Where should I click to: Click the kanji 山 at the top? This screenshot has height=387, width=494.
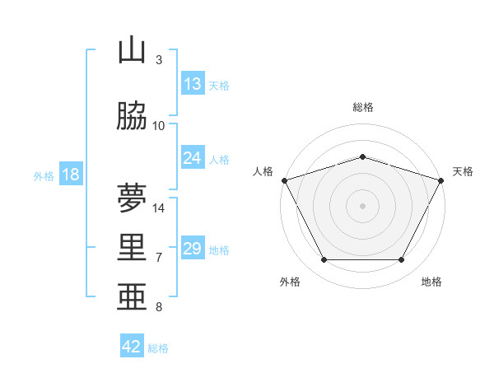point(132,49)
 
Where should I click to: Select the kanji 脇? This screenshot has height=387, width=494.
point(132,115)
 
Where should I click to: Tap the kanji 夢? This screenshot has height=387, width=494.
point(132,198)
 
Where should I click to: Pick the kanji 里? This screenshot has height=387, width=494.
point(132,247)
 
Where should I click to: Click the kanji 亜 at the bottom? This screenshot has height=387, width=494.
point(132,296)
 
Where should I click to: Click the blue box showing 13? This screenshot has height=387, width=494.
point(193,83)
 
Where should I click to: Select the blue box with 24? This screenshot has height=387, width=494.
point(193,157)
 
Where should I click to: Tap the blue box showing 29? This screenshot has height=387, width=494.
point(193,247)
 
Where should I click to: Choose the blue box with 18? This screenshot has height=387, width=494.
point(71,174)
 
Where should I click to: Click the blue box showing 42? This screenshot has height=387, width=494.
point(132,345)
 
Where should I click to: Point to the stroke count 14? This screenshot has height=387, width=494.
point(158,208)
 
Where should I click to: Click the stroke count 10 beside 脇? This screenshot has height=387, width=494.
point(158,126)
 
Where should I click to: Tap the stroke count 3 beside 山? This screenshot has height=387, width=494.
point(159,60)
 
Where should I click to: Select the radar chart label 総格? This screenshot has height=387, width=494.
point(363,107)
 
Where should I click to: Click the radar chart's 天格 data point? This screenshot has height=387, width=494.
point(440,180)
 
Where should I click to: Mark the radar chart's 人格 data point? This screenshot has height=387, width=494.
point(285,180)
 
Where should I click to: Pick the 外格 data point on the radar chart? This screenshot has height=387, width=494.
point(324,259)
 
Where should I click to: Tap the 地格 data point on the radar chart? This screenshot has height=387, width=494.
point(402,259)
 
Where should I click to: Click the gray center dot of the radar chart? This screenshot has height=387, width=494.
point(362,206)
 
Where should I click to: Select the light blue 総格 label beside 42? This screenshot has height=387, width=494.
point(158,348)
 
